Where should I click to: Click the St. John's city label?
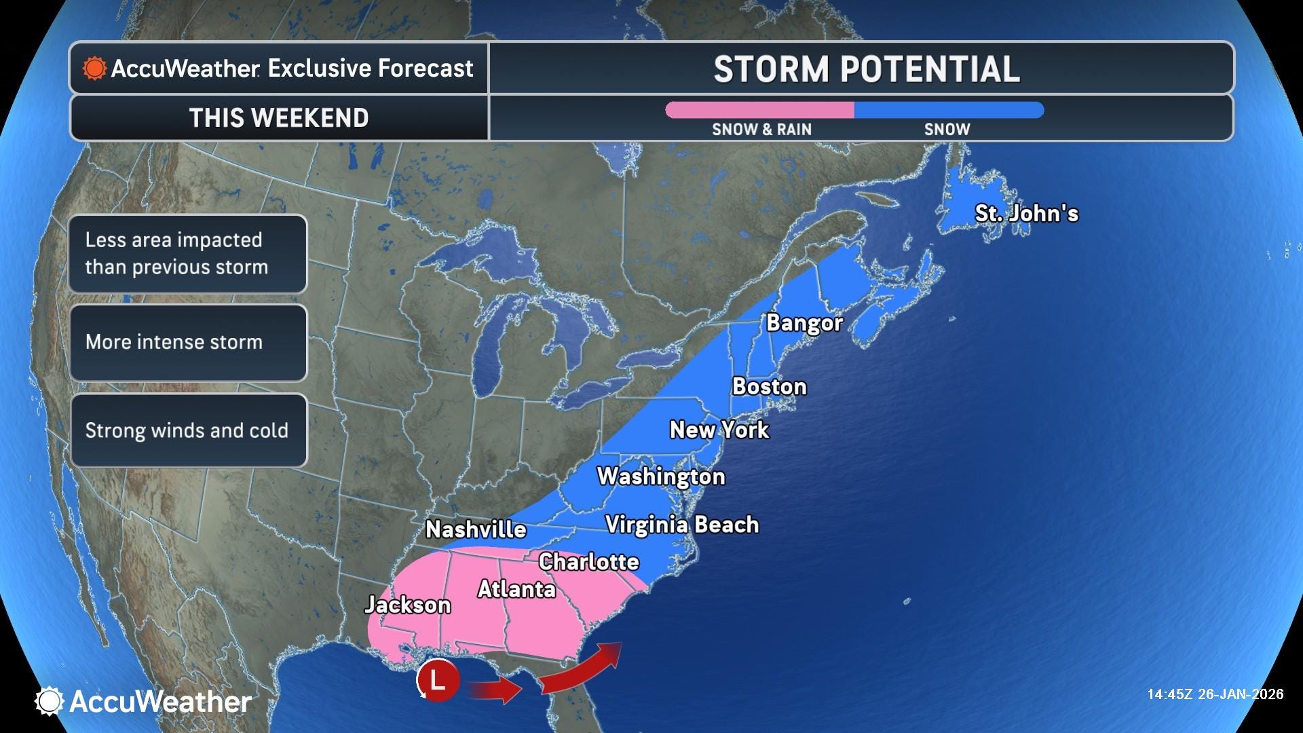click(x=1026, y=213)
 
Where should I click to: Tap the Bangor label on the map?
click(x=804, y=322)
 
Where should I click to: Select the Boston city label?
click(x=769, y=386)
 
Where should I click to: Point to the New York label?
click(x=719, y=430)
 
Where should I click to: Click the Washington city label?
click(x=660, y=476)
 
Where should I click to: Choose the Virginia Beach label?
click(x=681, y=525)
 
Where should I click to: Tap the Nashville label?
click(x=476, y=529)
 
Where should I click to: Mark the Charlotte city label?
click(x=588, y=561)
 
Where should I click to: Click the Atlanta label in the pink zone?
click(x=516, y=589)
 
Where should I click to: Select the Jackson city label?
click(x=407, y=605)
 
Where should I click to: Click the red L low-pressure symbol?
click(x=438, y=679)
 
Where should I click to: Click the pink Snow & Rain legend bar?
click(x=759, y=110)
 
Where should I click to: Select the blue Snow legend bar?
click(x=948, y=110)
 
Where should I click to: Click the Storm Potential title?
click(x=867, y=69)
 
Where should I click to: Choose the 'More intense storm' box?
click(x=188, y=342)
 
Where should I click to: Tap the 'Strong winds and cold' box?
click(x=188, y=430)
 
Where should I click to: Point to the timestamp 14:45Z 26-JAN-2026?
click(x=1215, y=694)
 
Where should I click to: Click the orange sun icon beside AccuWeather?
click(x=94, y=69)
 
